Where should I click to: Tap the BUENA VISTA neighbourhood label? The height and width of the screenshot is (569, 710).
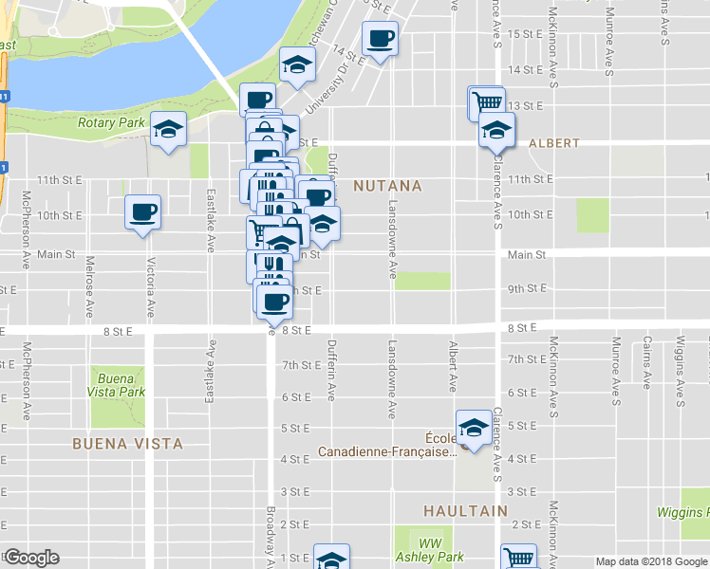click(127, 443)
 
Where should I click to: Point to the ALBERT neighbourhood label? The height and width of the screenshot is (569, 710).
click(553, 143)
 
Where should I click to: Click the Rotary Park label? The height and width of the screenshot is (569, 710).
click(112, 123)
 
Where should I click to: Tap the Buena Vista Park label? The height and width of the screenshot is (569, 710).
click(120, 384)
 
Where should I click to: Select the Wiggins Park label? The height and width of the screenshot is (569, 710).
click(682, 512)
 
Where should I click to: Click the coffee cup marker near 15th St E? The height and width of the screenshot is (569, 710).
click(381, 39)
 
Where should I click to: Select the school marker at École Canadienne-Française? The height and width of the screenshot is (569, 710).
click(473, 426)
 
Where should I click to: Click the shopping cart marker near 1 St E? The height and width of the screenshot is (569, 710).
click(518, 558)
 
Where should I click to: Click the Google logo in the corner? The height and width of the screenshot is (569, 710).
click(31, 558)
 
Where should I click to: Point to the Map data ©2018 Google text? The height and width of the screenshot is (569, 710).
click(650, 561)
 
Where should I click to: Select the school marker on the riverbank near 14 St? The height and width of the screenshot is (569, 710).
click(297, 66)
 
